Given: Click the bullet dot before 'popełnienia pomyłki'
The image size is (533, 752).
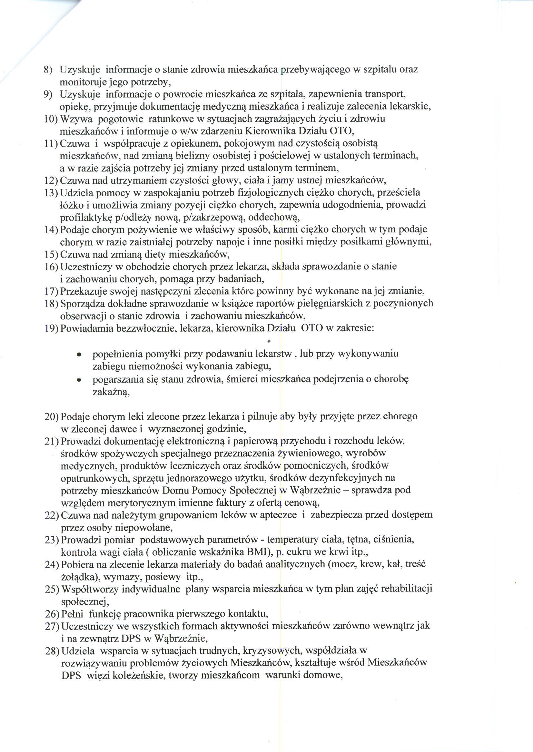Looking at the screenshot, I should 79,355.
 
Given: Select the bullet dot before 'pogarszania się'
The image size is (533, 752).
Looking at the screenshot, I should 79,380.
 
